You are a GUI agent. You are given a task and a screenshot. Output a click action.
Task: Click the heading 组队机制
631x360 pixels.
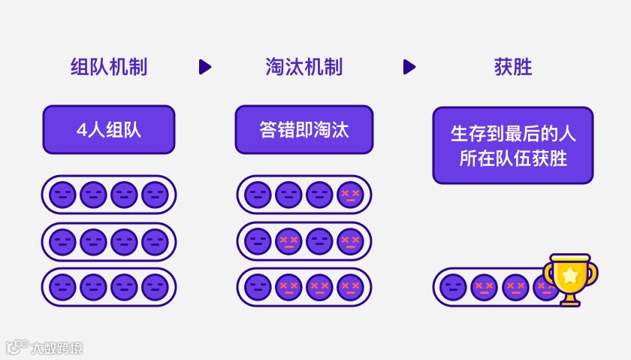point(109,67)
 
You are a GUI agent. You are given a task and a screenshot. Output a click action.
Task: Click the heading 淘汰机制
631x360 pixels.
point(304,67)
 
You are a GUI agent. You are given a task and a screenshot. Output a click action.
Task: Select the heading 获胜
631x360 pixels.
point(513,67)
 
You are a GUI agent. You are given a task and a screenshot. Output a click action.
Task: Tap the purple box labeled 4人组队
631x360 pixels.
point(109,129)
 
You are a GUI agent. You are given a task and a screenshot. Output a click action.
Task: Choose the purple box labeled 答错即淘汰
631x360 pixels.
point(304,129)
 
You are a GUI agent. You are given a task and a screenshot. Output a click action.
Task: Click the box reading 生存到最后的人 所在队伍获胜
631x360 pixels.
point(513,146)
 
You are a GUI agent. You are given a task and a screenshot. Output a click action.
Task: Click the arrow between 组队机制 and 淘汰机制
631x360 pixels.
point(204,67)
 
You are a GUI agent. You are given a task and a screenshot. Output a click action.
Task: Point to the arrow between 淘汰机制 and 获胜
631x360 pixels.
point(409,67)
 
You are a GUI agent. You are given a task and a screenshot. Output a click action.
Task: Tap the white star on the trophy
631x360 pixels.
point(570,274)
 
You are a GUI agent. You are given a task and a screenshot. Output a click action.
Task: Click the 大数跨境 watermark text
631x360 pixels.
point(56,348)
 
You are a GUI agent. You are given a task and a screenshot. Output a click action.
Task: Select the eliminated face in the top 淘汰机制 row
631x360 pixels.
point(349,195)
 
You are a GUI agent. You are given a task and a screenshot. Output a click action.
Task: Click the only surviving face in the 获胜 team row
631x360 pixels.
point(453,287)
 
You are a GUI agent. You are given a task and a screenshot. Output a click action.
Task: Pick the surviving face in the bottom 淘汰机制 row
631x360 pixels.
point(258,287)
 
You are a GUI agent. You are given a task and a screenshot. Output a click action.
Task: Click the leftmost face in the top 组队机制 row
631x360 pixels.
point(62,195)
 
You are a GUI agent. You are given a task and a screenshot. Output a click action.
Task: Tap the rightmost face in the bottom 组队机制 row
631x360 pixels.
point(155,287)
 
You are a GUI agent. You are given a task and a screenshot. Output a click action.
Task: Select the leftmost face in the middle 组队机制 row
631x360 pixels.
point(62,241)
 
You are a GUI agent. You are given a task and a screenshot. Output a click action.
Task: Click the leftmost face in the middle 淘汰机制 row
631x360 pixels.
point(258,241)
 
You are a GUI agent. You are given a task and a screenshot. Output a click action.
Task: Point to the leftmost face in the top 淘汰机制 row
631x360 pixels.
point(258,195)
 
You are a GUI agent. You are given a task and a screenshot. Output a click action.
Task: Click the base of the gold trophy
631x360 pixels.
point(570,301)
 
